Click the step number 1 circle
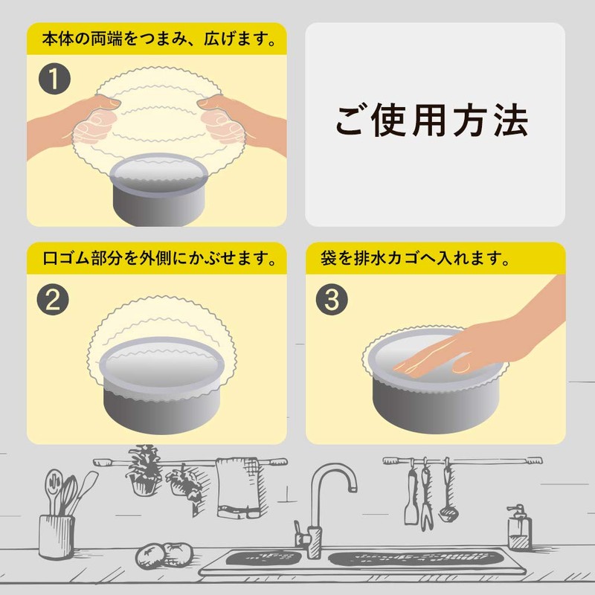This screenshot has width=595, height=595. (54, 79)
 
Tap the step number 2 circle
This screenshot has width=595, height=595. (53, 300)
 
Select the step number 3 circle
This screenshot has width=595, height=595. (332, 300)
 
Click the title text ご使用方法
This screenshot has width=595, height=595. (431, 120)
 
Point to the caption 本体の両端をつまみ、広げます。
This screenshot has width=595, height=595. (159, 39)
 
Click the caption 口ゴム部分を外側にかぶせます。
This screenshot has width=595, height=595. (159, 258)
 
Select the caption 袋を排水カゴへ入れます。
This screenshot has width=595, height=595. (415, 258)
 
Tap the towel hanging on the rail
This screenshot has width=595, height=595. (239, 488)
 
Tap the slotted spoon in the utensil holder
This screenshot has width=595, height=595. (54, 488)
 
